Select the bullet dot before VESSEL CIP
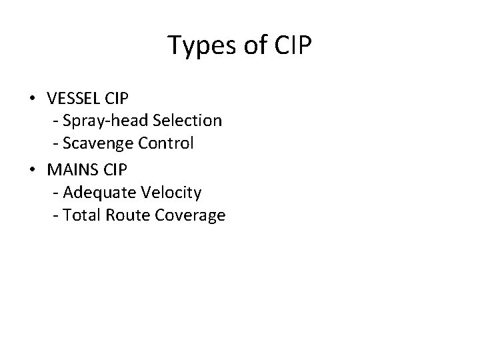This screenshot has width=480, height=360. click(33, 99)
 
